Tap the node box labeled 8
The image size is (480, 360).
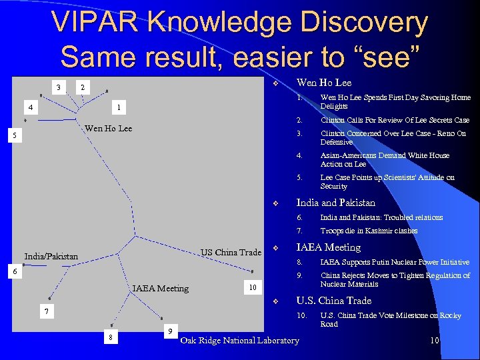(111, 338)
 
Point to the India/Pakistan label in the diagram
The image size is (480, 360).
(51, 256)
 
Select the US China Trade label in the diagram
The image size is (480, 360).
(231, 252)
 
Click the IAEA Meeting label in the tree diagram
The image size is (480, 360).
(160, 288)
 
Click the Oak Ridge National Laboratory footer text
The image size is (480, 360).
(240, 341)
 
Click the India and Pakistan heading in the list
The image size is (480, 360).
(335, 203)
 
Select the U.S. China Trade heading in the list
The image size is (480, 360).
(333, 301)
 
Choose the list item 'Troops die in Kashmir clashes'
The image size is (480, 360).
(369, 231)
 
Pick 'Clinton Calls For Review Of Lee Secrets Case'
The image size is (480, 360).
(395, 120)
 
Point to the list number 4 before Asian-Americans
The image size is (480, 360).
(299, 155)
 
